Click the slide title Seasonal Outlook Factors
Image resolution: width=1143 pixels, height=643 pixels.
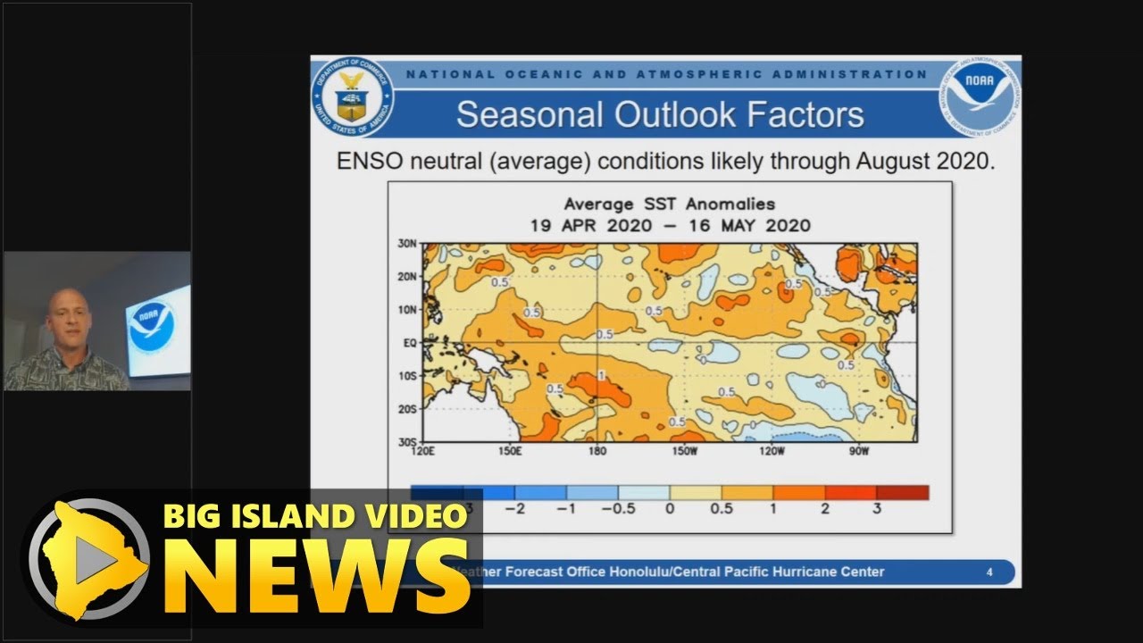pyautogui.click(x=660, y=115)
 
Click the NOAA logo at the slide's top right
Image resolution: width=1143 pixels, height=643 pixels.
pyautogui.click(x=980, y=96)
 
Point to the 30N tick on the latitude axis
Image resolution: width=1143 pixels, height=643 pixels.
pyautogui.click(x=406, y=244)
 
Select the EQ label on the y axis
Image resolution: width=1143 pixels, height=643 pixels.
pyautogui.click(x=408, y=342)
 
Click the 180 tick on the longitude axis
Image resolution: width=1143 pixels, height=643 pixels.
pyautogui.click(x=597, y=451)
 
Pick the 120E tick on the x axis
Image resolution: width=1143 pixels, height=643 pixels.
pyautogui.click(x=423, y=451)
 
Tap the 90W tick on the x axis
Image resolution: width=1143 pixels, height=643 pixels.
pyautogui.click(x=859, y=451)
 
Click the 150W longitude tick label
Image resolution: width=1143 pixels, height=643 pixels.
pyautogui.click(x=684, y=451)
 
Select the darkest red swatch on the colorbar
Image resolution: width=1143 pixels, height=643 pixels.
pyautogui.click(x=902, y=492)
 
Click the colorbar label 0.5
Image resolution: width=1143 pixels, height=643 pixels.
pyautogui.click(x=722, y=509)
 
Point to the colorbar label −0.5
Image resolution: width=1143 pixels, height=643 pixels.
pyautogui.click(x=617, y=509)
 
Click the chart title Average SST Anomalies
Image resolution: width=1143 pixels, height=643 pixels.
pyautogui.click(x=670, y=205)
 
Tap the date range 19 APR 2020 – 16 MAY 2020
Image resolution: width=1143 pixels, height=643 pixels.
pyautogui.click(x=670, y=225)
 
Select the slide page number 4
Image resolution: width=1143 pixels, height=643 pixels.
pyautogui.click(x=989, y=572)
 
